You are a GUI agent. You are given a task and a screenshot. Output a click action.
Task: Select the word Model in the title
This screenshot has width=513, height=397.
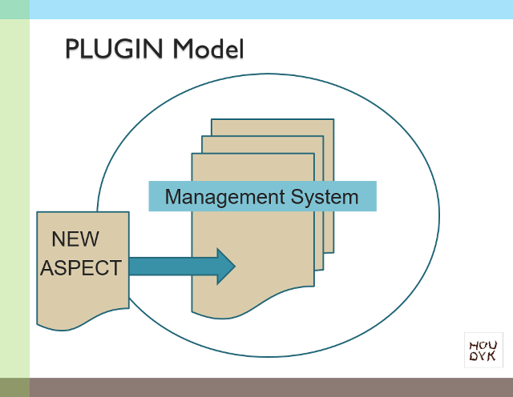pyautogui.click(x=208, y=50)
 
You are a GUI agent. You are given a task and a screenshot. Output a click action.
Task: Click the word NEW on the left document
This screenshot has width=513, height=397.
pyautogui.click(x=75, y=239)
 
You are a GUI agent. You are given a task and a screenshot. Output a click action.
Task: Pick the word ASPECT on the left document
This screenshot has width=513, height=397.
pyautogui.click(x=81, y=268)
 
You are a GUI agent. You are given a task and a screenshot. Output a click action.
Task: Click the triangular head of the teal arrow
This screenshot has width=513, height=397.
pyautogui.click(x=225, y=266)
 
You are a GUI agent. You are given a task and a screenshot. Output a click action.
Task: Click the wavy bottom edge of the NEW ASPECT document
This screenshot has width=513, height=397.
pyautogui.click(x=80, y=324)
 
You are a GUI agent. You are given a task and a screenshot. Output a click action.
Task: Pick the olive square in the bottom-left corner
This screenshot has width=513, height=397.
pyautogui.click(x=14, y=387)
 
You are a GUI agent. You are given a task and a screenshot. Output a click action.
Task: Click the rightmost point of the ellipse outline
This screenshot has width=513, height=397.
pyautogui.click(x=439, y=216)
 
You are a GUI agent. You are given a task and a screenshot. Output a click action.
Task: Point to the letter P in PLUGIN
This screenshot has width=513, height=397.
pyautogui.click(x=72, y=50)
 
